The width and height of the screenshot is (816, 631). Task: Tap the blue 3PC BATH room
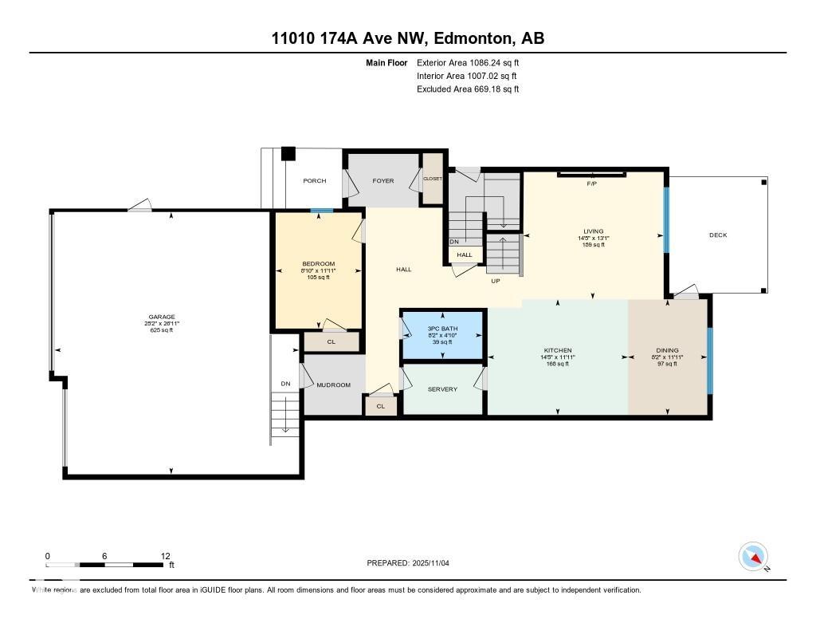[x=442, y=335]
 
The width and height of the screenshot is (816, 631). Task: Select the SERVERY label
[x=442, y=389]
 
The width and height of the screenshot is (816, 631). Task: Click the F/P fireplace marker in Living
[x=591, y=184]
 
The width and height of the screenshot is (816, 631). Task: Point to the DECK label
[x=718, y=235]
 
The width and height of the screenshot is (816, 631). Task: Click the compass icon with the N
[x=753, y=557]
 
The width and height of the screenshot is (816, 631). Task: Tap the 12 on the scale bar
[x=165, y=556]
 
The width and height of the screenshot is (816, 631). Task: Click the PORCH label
[x=315, y=181]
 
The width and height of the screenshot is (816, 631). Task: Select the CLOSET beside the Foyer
[x=432, y=179]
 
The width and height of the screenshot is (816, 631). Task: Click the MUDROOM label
[x=333, y=385]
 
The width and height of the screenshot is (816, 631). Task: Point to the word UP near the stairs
[x=495, y=281]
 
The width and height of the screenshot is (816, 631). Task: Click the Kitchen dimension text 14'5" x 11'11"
[x=558, y=357]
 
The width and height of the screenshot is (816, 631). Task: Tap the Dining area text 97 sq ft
[x=666, y=364]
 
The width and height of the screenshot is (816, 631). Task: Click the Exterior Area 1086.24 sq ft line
[x=468, y=62]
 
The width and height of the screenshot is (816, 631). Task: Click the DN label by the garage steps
[x=285, y=385]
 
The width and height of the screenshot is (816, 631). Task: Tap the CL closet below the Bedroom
[x=331, y=341]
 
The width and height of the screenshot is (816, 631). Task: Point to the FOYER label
[x=383, y=181]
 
